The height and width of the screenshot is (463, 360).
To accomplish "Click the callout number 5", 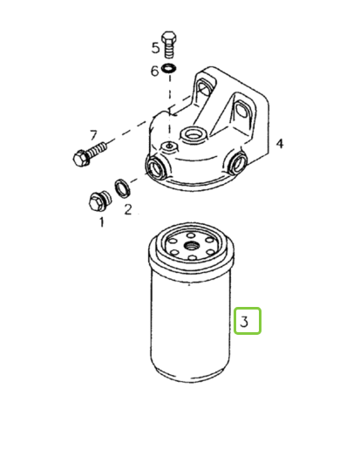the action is click(155, 48).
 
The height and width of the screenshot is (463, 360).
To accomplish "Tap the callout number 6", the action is click(155, 71).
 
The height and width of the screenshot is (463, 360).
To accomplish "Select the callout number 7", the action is click(93, 135).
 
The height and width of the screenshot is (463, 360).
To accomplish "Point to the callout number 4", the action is click(280, 144).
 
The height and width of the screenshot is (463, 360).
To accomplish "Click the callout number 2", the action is click(128, 209).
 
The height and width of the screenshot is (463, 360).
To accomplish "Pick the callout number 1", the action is click(102, 222).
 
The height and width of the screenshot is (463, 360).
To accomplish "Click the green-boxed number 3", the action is click(244, 321).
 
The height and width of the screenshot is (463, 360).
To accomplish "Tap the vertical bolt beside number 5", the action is click(169, 44).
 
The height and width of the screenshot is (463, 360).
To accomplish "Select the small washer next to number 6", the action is click(170, 69).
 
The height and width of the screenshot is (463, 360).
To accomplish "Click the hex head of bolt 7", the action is click(81, 159).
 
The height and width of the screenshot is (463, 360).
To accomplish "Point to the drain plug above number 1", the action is click(99, 201).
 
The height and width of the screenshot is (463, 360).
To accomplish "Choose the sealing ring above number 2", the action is click(122, 188).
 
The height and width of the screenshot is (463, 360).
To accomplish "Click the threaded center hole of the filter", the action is click(191, 245).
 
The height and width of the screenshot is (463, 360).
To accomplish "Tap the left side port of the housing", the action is click(155, 167).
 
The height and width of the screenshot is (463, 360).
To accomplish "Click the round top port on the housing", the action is click(193, 134).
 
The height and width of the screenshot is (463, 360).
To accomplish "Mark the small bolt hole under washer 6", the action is click(169, 146).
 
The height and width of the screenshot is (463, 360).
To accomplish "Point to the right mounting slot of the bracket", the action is click(242, 110).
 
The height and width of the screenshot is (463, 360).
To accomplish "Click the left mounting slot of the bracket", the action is click(204, 89).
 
